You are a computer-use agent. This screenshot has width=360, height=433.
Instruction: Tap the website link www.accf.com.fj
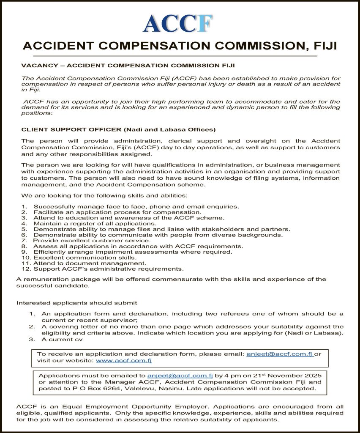pyautogui.click(x=124, y=361)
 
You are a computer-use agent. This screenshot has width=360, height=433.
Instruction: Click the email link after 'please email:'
pyautogui.click(x=279, y=354)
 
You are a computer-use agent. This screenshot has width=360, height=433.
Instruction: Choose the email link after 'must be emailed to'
pyautogui.click(x=180, y=375)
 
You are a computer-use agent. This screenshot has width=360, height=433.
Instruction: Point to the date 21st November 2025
pyautogui.click(x=287, y=375)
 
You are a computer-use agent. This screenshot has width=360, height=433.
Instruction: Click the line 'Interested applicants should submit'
pyautogui.click(x=76, y=303)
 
